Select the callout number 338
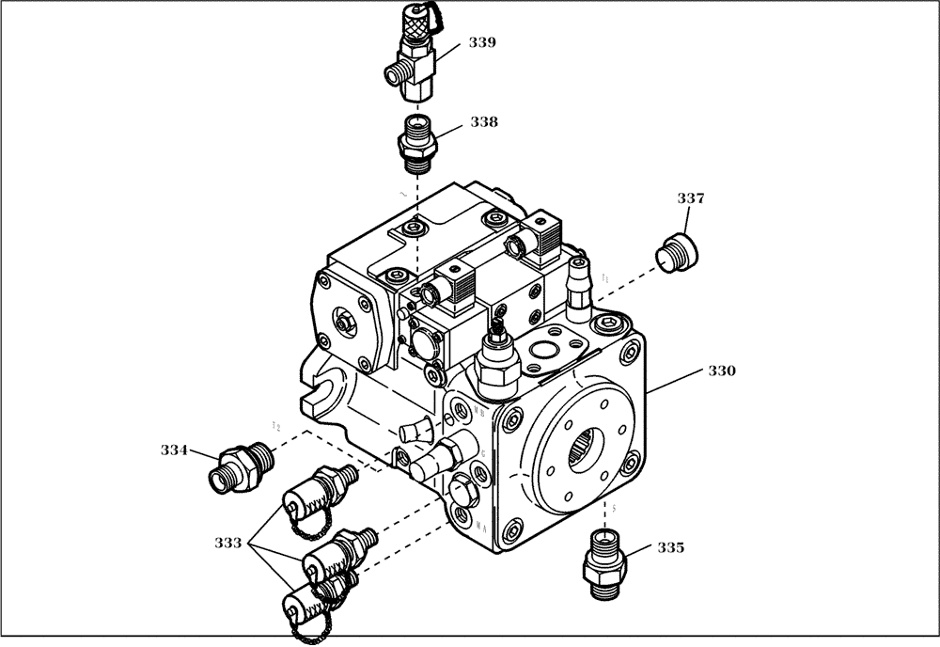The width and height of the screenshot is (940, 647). pos(484,122)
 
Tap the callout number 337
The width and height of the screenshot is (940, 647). pos(690,198)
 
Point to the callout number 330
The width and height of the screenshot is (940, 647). pos(721,371)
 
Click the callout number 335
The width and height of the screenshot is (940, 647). pos(670,546)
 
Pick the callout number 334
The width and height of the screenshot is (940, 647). pos(173,450)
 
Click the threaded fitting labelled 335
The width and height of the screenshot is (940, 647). pos(602,562)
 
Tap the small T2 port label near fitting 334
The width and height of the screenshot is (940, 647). pos(275,427)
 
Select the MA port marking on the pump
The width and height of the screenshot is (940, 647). pos(479,529)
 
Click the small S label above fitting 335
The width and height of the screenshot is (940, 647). pos(614,509)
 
